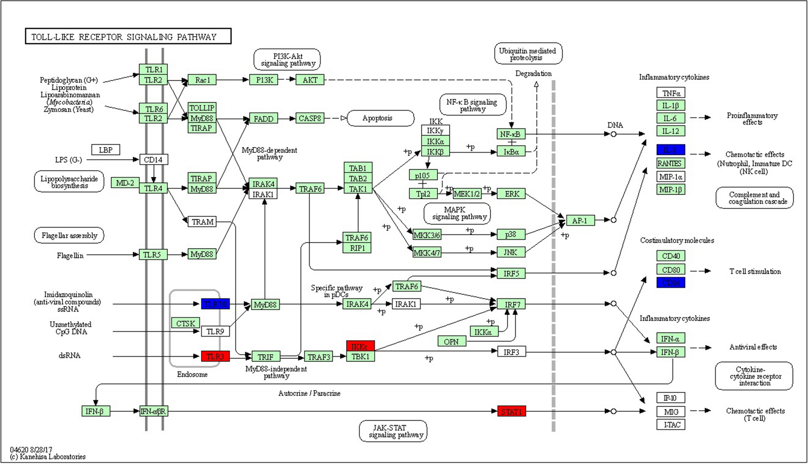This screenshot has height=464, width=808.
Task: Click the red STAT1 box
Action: coord(512,411)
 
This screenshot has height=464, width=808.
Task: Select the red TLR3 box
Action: coord(215,356)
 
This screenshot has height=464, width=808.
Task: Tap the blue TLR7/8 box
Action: coord(215,304)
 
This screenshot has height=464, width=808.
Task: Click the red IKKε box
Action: coord(360,346)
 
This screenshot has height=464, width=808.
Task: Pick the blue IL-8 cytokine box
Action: coord(671,150)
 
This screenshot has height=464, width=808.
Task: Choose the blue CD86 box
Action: coord(671,282)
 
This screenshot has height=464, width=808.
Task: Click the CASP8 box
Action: coord(310,119)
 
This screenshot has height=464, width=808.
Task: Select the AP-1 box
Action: coord(580,220)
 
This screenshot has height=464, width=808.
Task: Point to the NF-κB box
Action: coord(511,134)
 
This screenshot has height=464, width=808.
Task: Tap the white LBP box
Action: coord(106,150)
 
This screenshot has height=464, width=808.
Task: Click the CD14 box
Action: coord(153,160)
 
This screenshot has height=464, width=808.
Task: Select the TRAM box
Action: coord(202,222)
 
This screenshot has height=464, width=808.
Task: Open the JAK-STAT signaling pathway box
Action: coord(393,431)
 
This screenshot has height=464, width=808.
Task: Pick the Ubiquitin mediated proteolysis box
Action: coord(528,54)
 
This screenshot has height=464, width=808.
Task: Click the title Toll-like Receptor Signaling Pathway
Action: coord(128,37)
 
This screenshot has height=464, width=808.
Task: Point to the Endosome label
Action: coord(192,374)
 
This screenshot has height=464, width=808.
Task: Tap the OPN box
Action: coord(451,341)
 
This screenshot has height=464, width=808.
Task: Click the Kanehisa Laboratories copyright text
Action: coord(48,457)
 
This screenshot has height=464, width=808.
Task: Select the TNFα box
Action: coord(671,93)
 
